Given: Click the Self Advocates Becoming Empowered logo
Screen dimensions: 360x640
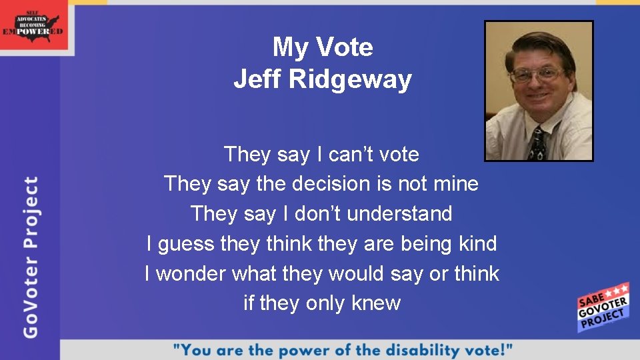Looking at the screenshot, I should pos(34,25).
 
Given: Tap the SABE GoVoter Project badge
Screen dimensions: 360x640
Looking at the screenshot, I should pos(602,307).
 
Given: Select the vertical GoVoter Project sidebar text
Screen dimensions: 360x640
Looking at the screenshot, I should pos(31,257).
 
